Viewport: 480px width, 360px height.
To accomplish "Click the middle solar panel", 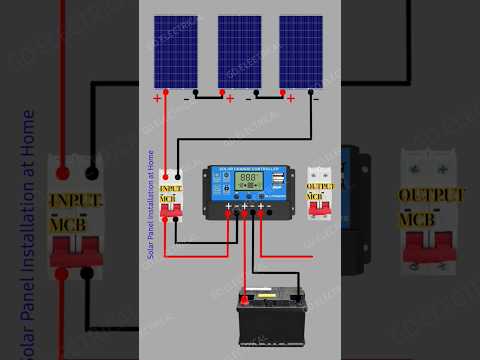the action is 239,52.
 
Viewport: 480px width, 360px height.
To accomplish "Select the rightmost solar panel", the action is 300,52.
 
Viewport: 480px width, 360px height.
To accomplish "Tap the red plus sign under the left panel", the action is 157,98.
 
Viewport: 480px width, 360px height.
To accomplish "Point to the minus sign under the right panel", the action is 315,98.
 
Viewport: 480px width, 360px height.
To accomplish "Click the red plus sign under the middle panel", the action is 230,98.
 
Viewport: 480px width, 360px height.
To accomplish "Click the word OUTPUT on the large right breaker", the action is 432,195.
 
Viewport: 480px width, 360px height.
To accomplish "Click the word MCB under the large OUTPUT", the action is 420,218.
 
